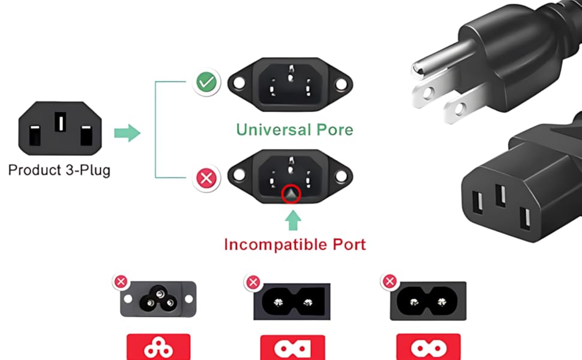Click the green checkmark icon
pyautogui.click(x=206, y=82)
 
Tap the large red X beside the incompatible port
pyautogui.click(x=206, y=178)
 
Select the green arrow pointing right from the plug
pyautogui.click(x=127, y=133)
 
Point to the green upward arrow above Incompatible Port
pyautogui.click(x=293, y=220)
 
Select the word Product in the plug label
pyautogui.click(x=35, y=170)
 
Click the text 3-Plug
pyautogui.click(x=88, y=170)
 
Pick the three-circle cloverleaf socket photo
pyautogui.click(x=158, y=299)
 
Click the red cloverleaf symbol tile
pyautogui.click(x=158, y=347)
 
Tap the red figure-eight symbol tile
pyautogui.click(x=428, y=347)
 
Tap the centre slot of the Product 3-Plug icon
pyautogui.click(x=60, y=122)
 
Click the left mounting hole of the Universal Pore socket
pyautogui.click(x=239, y=83)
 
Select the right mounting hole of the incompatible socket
pyautogui.click(x=341, y=176)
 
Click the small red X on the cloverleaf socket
pyautogui.click(x=121, y=281)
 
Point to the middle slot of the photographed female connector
pyautogui.click(x=501, y=195)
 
